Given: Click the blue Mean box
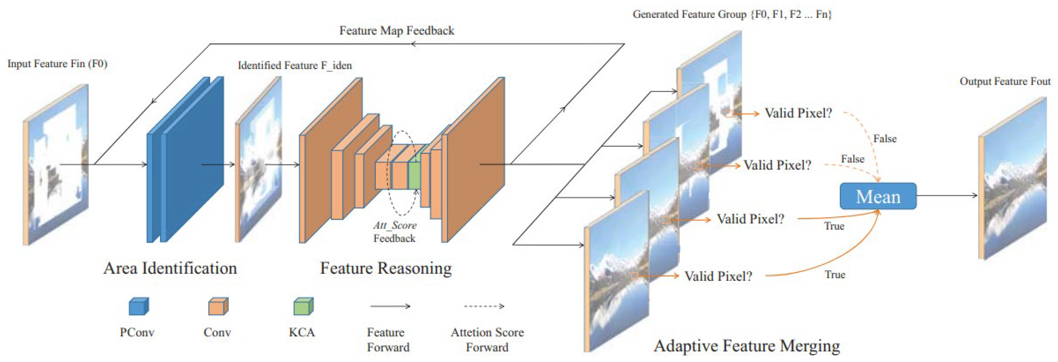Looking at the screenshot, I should point(878,196).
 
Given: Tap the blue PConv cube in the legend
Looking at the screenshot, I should point(138,306).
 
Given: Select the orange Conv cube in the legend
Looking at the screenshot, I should point(218,306).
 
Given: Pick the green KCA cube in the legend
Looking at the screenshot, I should point(303,306).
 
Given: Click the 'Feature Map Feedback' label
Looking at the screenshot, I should point(396,31).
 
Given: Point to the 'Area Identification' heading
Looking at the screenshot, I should point(170,268).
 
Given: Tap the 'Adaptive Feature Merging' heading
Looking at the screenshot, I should point(747,346).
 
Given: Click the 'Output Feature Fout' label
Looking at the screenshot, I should point(1004,82).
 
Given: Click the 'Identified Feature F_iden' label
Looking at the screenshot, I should point(295,65).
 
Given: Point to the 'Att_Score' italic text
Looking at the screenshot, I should point(395,226).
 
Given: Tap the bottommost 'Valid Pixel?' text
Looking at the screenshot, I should point(718,276).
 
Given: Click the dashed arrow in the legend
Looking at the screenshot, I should point(484,306).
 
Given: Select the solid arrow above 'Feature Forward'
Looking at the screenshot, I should point(390,306).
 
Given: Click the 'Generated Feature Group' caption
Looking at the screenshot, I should point(732,14).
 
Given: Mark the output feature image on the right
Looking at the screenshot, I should point(1012,179).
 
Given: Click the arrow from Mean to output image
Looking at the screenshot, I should point(947,195).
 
